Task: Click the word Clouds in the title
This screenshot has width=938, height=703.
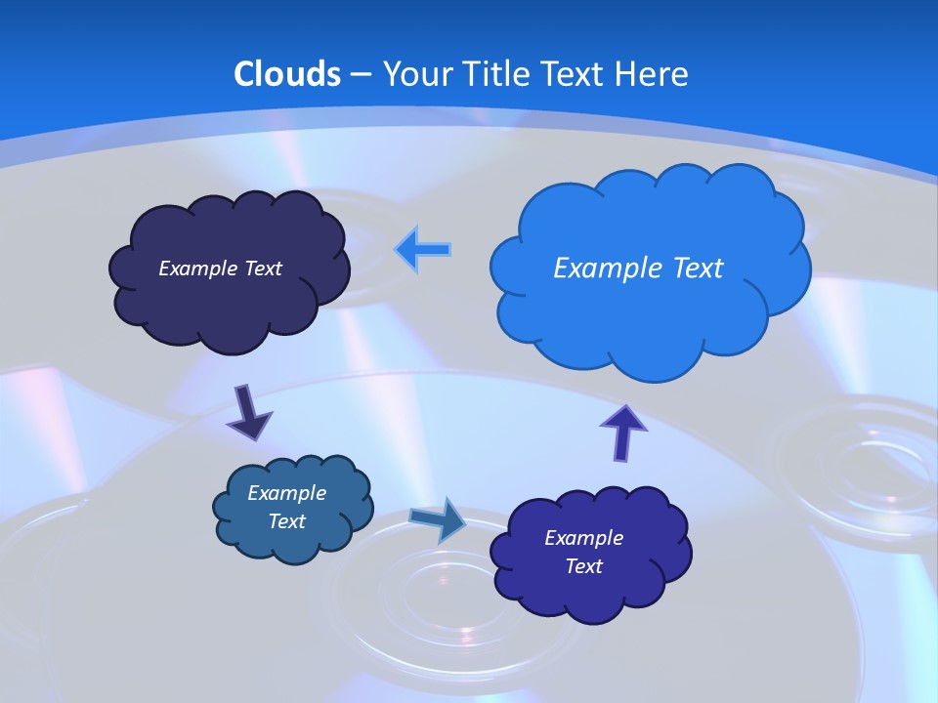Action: coord(286,74)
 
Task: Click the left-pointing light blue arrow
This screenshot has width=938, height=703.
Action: coord(423,249)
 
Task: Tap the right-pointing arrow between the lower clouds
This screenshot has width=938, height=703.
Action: coord(439,519)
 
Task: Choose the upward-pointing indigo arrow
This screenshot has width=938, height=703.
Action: coord(623,431)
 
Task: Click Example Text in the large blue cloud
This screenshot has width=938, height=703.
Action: coord(638,268)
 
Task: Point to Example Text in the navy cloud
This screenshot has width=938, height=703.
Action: coord(220,268)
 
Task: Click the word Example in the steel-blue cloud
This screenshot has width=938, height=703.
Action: coord(286,493)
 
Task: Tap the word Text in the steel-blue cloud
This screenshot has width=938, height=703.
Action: coord(286,521)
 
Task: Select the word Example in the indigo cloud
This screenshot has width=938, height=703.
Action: coord(583,538)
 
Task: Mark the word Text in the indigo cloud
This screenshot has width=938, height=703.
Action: coord(583,566)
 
